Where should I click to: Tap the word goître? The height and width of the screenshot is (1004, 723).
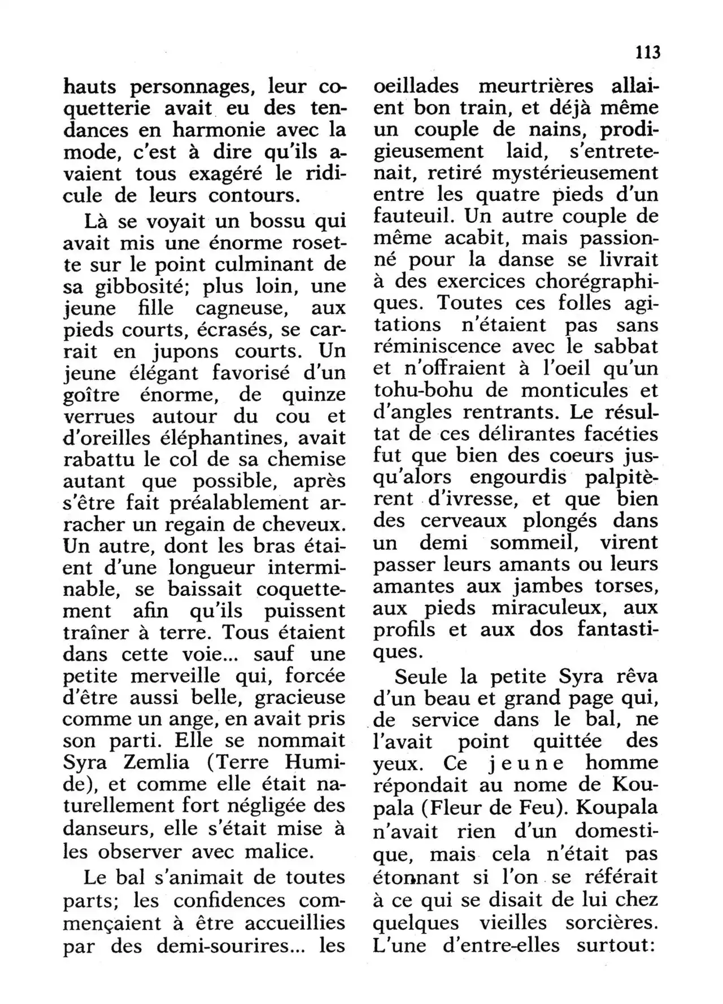coord(92,394)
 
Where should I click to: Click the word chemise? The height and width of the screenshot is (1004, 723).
coord(306,459)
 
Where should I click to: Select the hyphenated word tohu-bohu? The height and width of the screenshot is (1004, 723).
coord(439,390)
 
